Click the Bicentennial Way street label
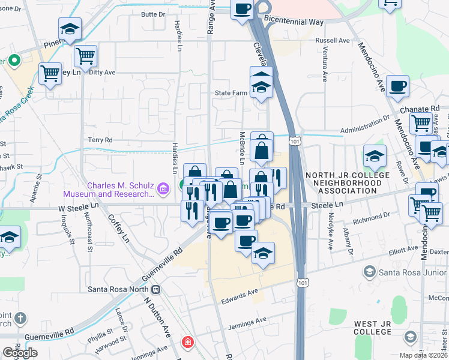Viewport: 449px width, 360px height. point(293,22)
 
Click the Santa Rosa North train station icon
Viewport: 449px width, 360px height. point(156,289)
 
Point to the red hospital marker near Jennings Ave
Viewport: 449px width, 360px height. point(187,342)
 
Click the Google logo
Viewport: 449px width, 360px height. point(20,353)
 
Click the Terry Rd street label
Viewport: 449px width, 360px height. point(100,140)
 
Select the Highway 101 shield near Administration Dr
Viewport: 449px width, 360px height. point(294,140)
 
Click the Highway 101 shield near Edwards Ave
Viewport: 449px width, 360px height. point(304,282)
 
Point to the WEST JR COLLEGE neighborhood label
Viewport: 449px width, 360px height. point(373,328)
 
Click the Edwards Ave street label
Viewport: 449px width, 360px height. point(238,292)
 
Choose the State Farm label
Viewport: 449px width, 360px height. point(232,94)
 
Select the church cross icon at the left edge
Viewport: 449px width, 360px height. point(21,317)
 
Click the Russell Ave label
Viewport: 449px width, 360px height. point(332,41)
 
